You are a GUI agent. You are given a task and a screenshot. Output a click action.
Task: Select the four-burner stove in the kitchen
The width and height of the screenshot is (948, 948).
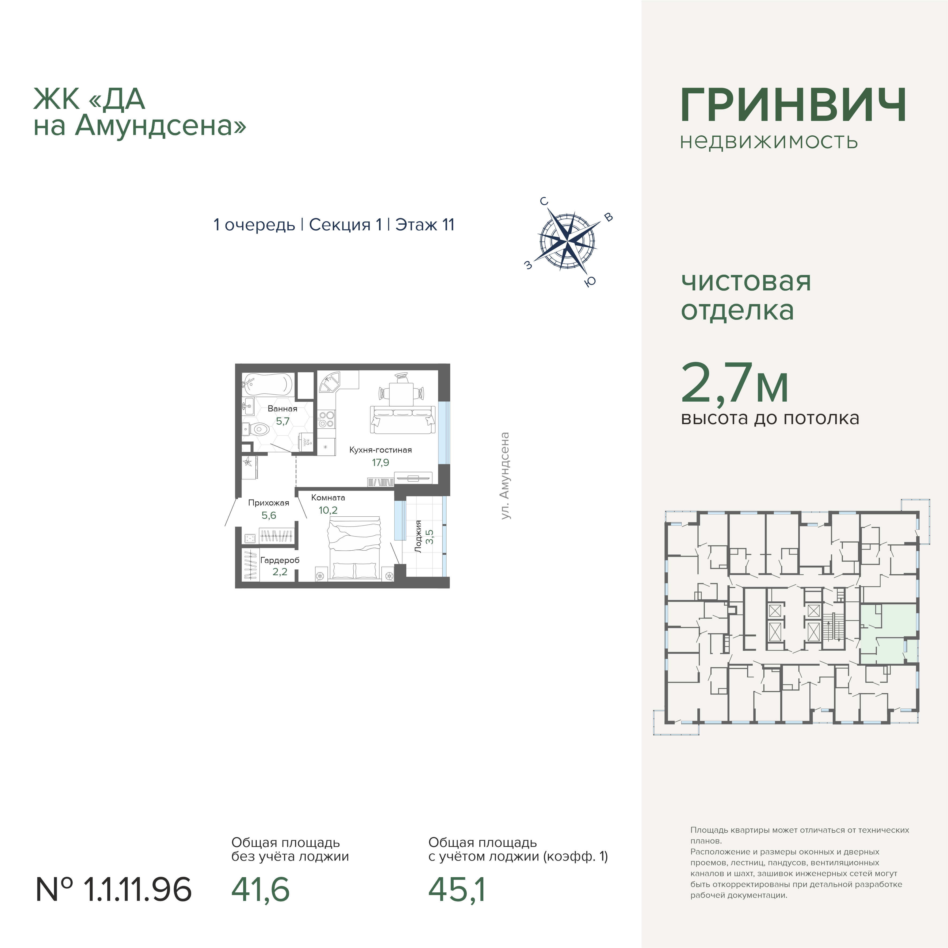326,420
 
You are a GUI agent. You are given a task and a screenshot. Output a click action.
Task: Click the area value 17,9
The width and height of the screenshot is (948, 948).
380,462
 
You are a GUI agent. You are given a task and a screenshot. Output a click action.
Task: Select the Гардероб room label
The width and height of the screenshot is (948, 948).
280,560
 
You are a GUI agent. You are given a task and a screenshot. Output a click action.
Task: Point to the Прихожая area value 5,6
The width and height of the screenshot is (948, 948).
269,515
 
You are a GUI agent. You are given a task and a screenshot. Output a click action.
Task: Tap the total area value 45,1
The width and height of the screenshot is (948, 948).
457,890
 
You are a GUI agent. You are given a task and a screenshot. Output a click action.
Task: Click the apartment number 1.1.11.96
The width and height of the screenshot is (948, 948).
114,890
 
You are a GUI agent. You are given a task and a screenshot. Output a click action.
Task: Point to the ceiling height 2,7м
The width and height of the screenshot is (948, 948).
735,383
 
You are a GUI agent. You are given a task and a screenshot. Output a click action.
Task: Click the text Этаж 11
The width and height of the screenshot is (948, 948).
425,225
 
